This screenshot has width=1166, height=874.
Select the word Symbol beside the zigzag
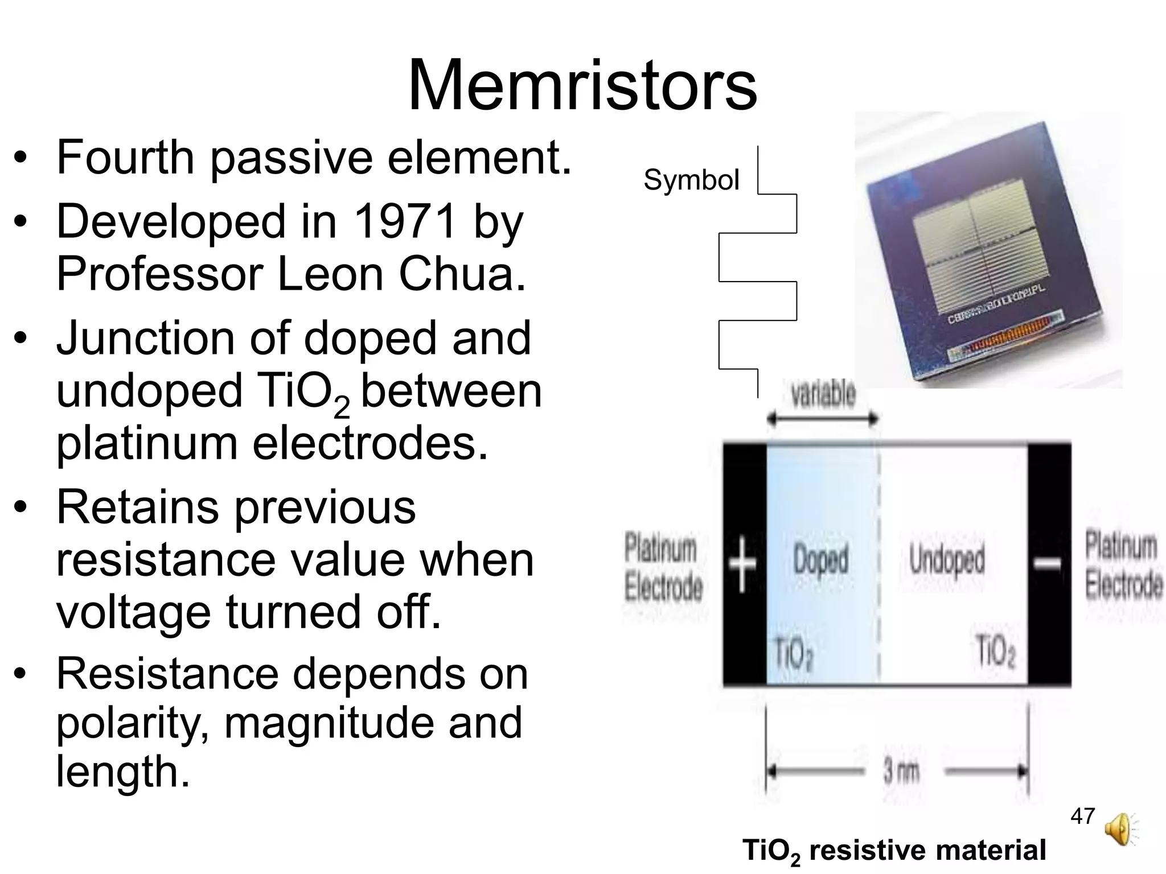691,180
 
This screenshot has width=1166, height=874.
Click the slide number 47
1082,816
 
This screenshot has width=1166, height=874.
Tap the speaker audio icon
1119,829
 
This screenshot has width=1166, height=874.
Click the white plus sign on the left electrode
743,563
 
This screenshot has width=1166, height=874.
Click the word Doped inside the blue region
820,559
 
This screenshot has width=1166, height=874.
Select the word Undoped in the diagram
947,559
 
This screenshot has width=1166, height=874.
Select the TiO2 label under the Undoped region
995,651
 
